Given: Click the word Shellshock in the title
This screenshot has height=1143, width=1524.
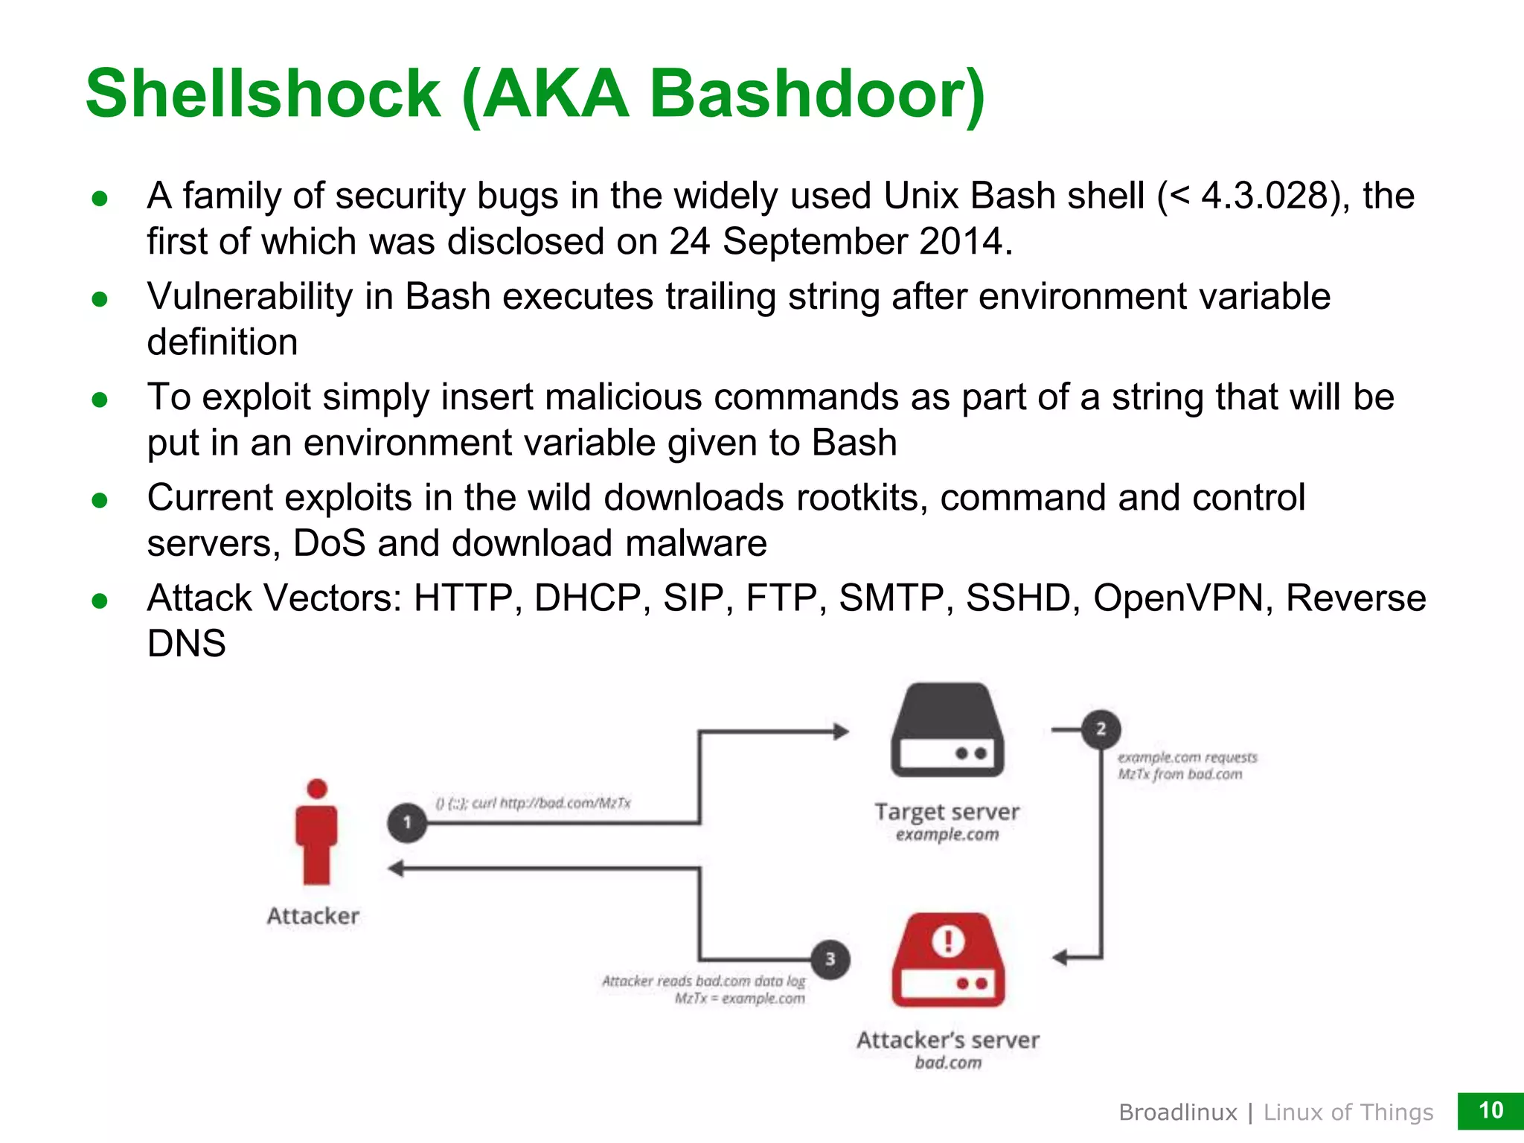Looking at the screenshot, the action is click(263, 95).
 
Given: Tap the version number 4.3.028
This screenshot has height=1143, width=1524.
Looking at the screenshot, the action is click(1264, 196).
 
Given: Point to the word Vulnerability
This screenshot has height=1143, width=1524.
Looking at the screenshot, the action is click(249, 297).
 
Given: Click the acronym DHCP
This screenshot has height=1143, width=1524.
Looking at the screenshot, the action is click(587, 598).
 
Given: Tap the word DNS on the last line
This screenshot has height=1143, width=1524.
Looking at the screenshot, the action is click(186, 644).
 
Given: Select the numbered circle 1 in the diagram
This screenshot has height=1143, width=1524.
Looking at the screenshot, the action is click(407, 822).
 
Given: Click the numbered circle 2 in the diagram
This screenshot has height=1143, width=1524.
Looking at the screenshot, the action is click(1101, 729).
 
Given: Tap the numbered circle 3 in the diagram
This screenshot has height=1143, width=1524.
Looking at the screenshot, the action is click(830, 959).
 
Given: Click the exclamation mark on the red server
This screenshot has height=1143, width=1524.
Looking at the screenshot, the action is click(948, 941).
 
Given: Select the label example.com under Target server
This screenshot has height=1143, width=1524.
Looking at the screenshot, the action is click(947, 835).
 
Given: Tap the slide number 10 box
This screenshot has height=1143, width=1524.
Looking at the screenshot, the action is click(1490, 1110).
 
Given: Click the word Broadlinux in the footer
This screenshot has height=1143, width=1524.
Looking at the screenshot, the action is click(1177, 1112).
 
